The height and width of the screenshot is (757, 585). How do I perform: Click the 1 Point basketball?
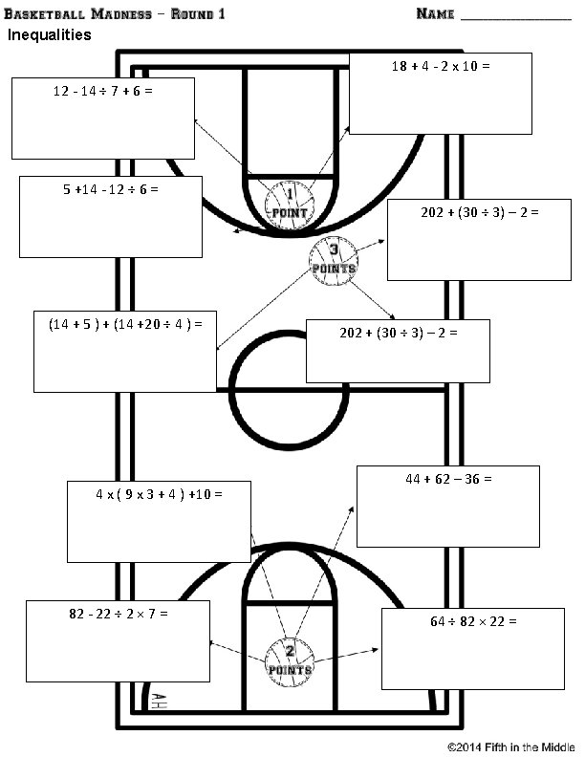[290, 204]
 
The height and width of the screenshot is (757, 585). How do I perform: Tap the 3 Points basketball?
[333, 259]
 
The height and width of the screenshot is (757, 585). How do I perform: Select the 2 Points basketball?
[289, 660]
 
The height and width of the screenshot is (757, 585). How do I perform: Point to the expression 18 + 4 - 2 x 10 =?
[441, 67]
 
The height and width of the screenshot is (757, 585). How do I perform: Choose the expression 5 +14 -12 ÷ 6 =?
[111, 189]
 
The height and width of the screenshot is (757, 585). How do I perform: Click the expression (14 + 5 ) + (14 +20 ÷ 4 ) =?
[124, 324]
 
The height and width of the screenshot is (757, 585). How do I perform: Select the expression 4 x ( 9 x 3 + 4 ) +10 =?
[159, 494]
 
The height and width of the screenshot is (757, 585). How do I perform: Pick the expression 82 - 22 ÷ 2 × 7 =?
[119, 613]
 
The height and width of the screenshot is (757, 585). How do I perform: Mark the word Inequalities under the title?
[50, 36]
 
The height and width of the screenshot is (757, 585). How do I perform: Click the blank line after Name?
[516, 17]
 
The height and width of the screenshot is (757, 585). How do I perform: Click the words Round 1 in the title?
[196, 13]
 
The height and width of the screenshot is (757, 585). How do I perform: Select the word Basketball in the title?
[43, 13]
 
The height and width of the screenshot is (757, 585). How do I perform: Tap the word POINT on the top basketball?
[289, 212]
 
